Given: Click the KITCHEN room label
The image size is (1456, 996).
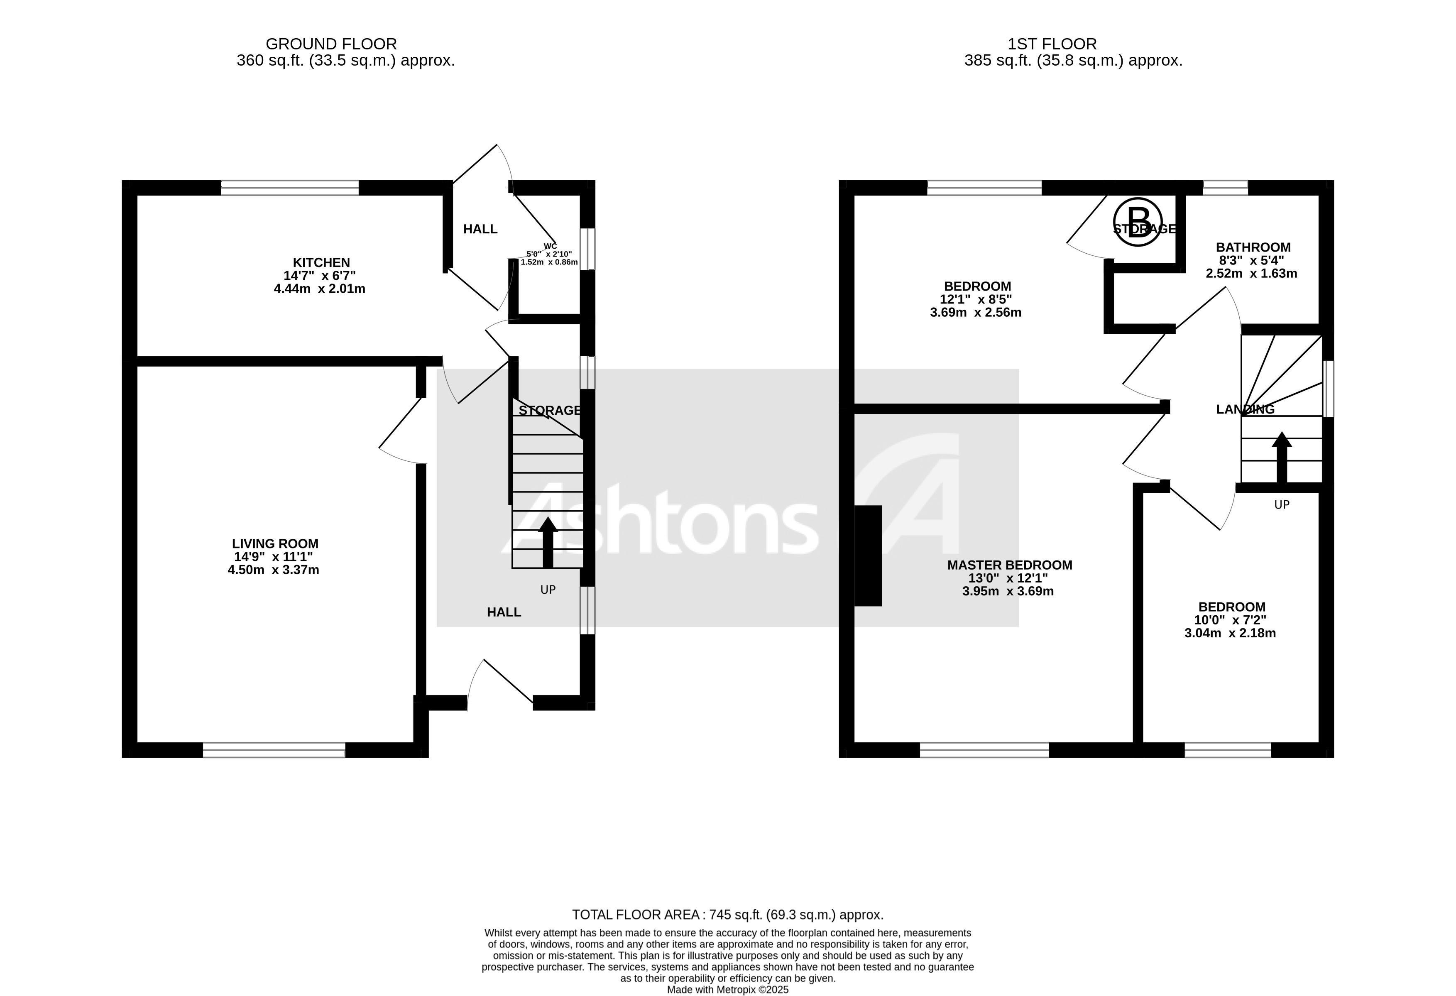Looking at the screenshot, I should point(321,262).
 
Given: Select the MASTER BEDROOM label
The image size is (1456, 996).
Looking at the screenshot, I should point(1009,565).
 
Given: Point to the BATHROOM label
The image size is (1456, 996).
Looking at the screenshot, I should point(1253,247).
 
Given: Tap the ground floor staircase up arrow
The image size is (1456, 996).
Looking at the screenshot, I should point(548,541).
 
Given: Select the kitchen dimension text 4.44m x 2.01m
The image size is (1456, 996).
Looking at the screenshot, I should point(320,289).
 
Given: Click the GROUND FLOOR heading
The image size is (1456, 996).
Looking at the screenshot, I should point(331,44).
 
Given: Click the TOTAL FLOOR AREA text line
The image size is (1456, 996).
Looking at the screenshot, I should point(727,915).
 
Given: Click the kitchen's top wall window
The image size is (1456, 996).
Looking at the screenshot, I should point(289,187).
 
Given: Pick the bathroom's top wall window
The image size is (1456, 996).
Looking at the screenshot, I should point(1225,187).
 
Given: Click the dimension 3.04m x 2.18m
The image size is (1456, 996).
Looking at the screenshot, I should point(1230,633).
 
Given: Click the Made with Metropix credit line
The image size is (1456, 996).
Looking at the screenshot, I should point(727,990).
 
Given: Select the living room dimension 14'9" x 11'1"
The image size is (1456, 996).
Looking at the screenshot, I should point(273,557).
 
